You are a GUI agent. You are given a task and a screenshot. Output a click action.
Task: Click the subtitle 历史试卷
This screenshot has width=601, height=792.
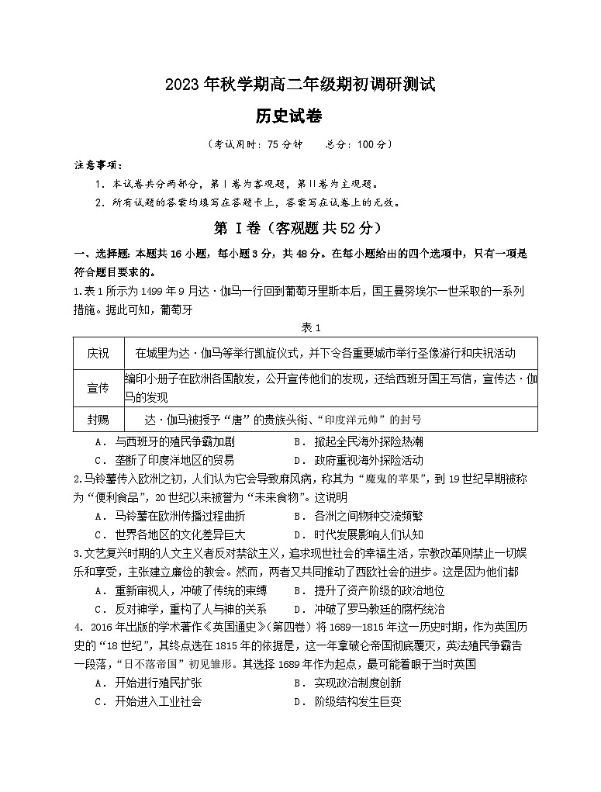288,116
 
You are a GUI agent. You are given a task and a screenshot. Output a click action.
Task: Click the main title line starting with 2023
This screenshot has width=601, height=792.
300,85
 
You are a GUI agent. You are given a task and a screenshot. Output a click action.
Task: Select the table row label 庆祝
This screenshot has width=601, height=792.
98,354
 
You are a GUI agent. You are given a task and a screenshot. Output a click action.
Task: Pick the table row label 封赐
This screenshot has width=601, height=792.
98,420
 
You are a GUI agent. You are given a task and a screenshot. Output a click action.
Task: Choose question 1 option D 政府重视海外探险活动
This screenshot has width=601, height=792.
368,460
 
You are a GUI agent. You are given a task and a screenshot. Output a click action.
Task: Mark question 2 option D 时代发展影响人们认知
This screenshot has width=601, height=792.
368,534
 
